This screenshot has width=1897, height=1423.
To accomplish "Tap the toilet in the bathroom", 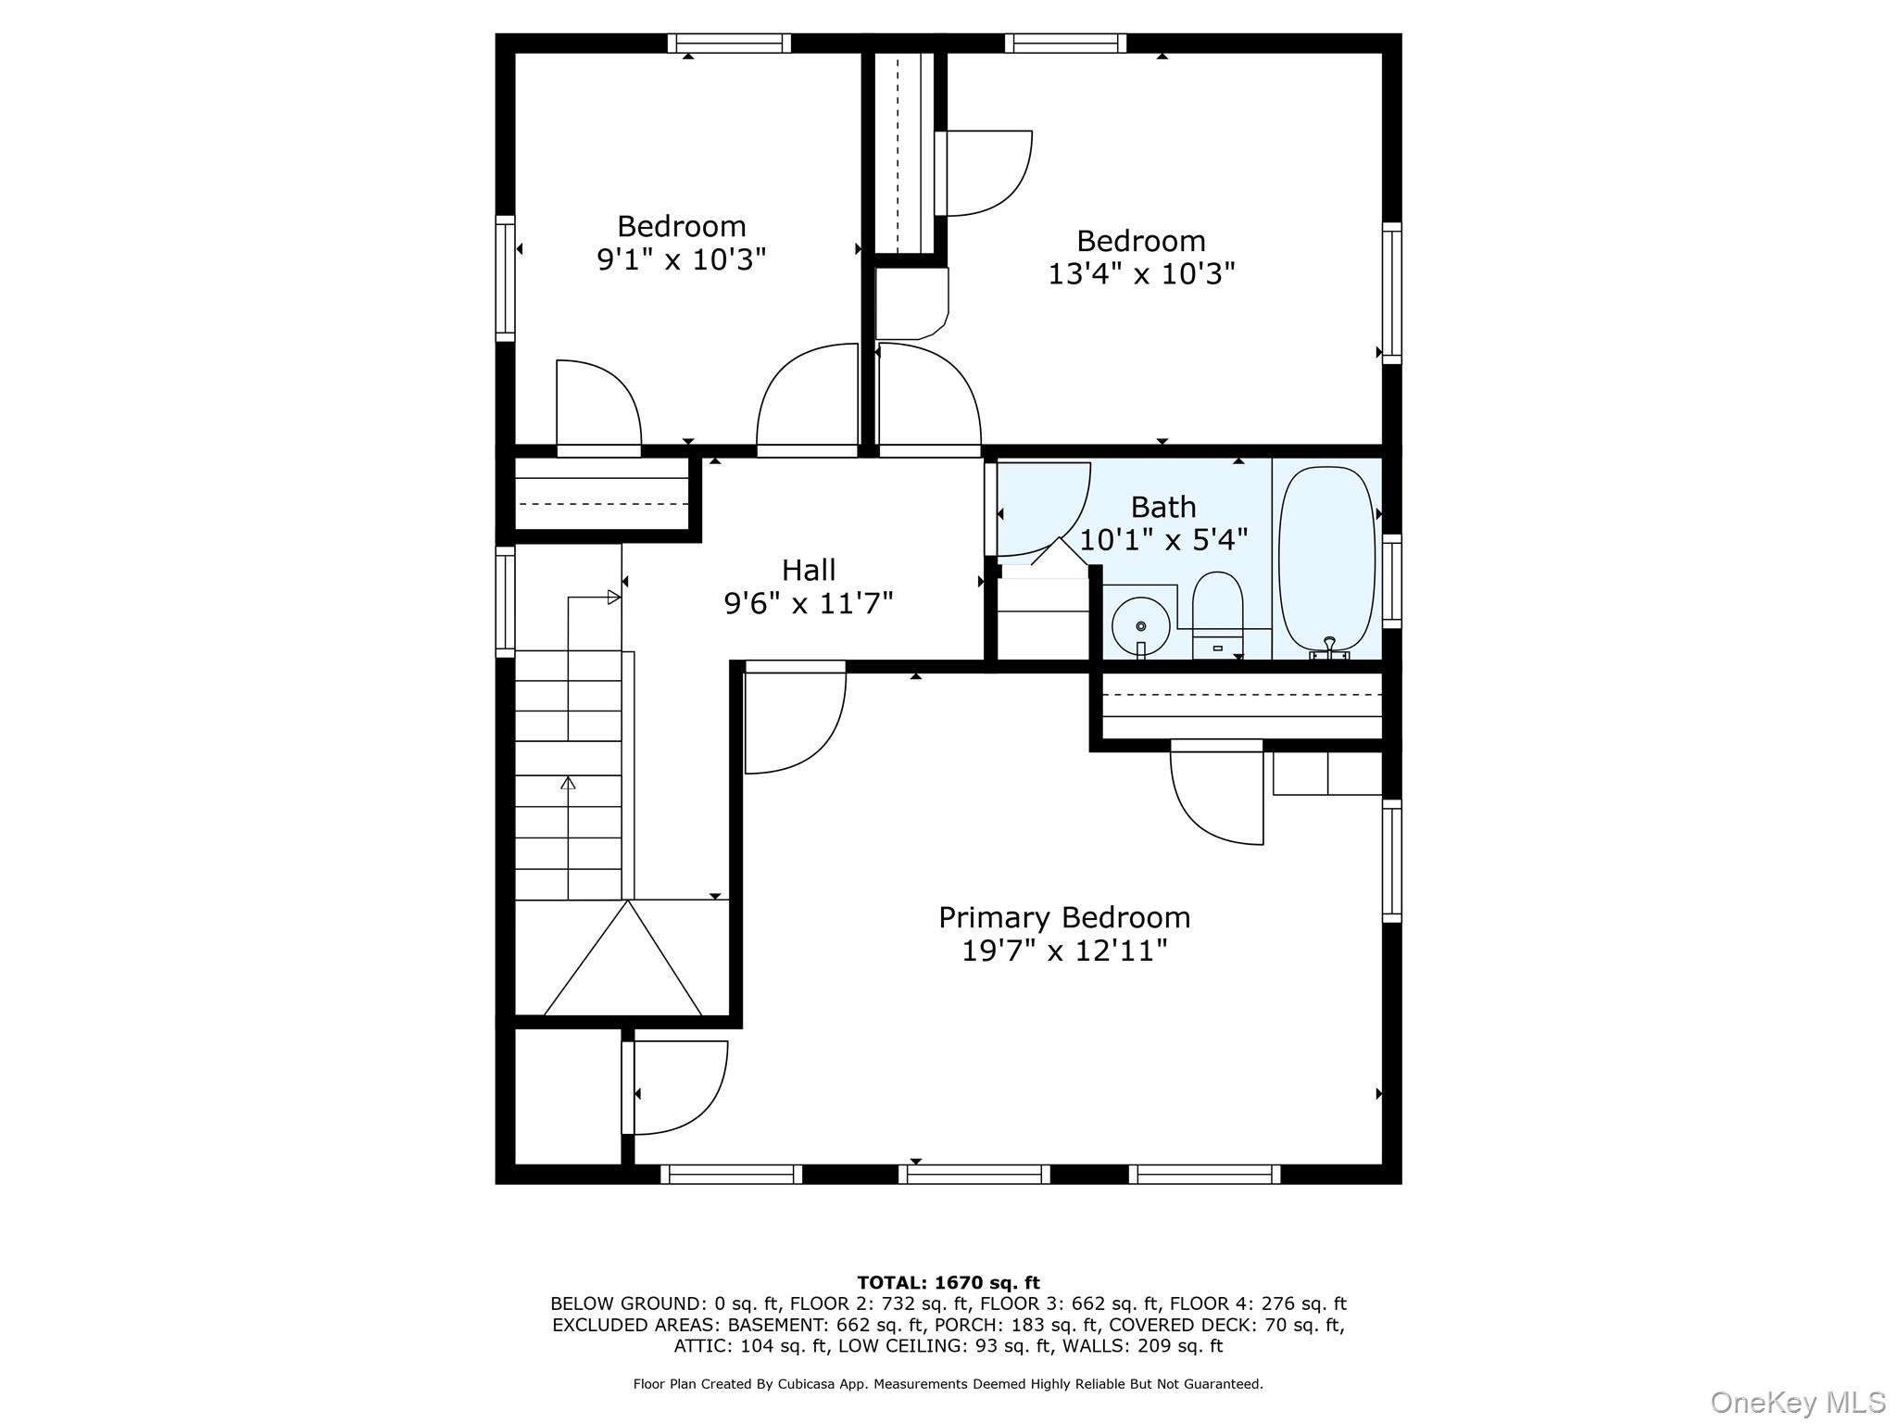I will tap(1217, 611).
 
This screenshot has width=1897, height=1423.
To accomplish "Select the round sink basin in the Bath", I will tap(1140, 626).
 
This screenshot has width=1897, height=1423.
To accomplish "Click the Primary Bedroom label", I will tap(1063, 917).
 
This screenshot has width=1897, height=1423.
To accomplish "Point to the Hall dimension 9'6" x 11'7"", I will tap(808, 604).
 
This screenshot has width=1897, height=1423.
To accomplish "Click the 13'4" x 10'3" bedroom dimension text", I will tap(1141, 274).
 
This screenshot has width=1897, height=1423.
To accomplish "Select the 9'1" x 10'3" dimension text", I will tap(681, 259).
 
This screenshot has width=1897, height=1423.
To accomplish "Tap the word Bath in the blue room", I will tap(1162, 507).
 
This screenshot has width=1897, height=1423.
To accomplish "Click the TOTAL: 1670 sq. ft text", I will tap(948, 1283).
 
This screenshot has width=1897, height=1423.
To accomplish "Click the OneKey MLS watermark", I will tap(1797, 1403).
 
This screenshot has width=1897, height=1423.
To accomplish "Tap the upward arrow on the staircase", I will tap(568, 784).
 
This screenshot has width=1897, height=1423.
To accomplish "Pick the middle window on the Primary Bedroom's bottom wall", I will tap(974, 1175).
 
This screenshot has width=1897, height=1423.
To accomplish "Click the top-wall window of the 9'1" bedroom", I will tap(729, 43).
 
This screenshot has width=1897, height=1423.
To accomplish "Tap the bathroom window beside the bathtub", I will tap(1391, 582).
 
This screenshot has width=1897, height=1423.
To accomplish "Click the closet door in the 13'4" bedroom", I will tap(984, 173).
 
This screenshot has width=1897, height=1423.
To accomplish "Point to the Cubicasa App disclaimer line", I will tap(948, 1384).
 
